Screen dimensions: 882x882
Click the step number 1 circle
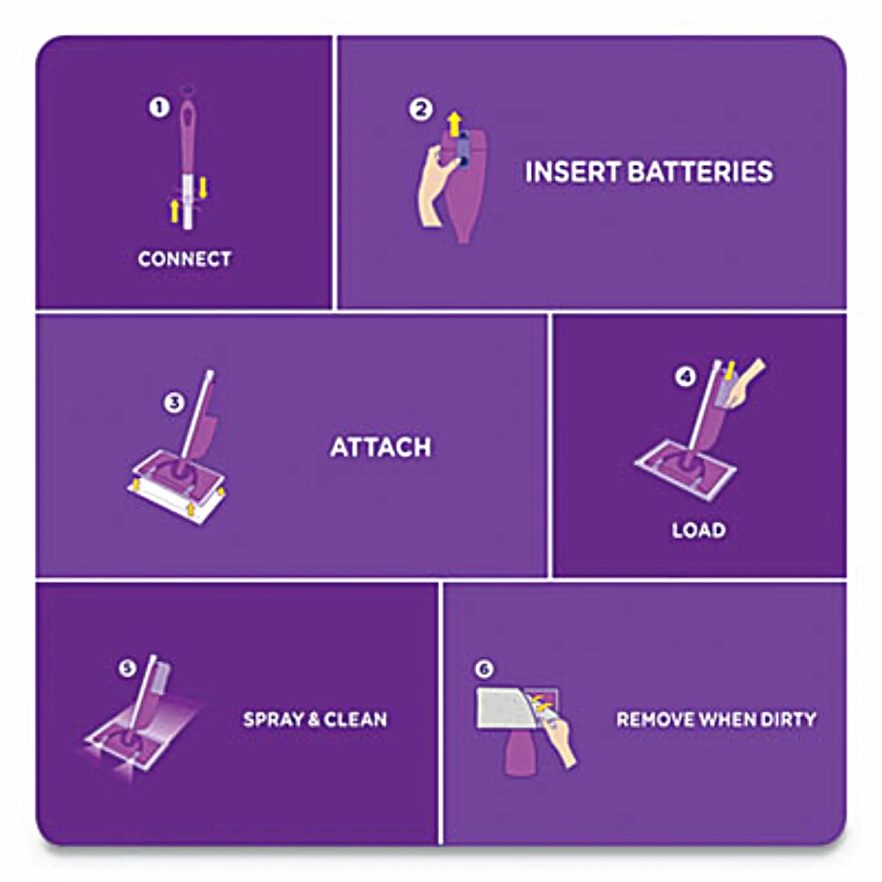pyautogui.click(x=159, y=108)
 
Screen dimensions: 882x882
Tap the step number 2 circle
pyautogui.click(x=420, y=109)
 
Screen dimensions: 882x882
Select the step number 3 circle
pyautogui.click(x=174, y=403)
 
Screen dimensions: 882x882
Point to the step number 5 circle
pyautogui.click(x=127, y=668)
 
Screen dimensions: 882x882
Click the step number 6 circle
pyautogui.click(x=484, y=669)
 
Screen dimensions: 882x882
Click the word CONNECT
pyautogui.click(x=184, y=259)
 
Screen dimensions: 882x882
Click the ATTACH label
pyautogui.click(x=380, y=447)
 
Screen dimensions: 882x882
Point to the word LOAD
pyautogui.click(x=699, y=530)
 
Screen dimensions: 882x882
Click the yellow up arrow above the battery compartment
pyautogui.click(x=454, y=124)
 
